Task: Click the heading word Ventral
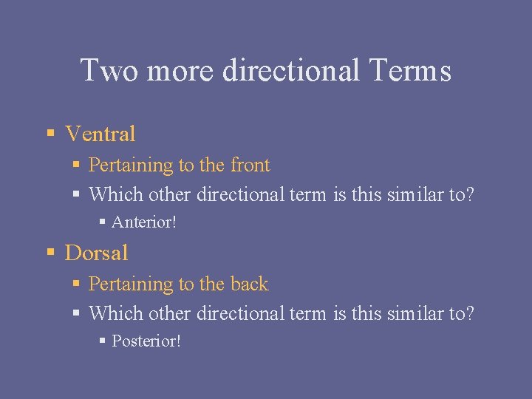click(x=100, y=134)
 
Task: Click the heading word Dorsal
click(x=97, y=253)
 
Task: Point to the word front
click(x=250, y=165)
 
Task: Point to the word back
click(x=249, y=284)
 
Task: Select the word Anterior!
click(x=144, y=222)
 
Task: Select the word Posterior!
click(x=146, y=341)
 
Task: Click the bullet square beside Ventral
click(x=50, y=134)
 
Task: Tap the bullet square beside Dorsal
click(x=50, y=253)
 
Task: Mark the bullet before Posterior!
click(x=103, y=341)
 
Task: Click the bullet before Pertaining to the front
click(x=78, y=166)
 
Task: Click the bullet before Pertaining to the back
click(x=78, y=284)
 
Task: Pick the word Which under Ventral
click(x=116, y=194)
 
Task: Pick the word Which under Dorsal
click(x=116, y=313)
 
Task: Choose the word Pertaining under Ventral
click(x=131, y=166)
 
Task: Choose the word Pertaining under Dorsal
click(x=131, y=284)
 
